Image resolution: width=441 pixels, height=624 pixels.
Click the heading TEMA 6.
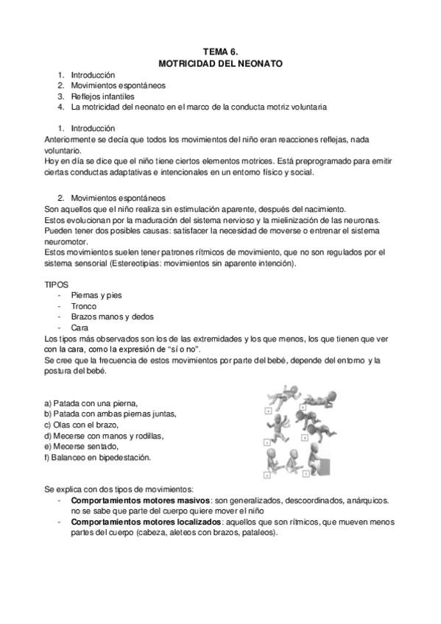pos(221,52)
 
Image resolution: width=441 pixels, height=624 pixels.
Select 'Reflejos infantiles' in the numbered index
pos(103,96)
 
